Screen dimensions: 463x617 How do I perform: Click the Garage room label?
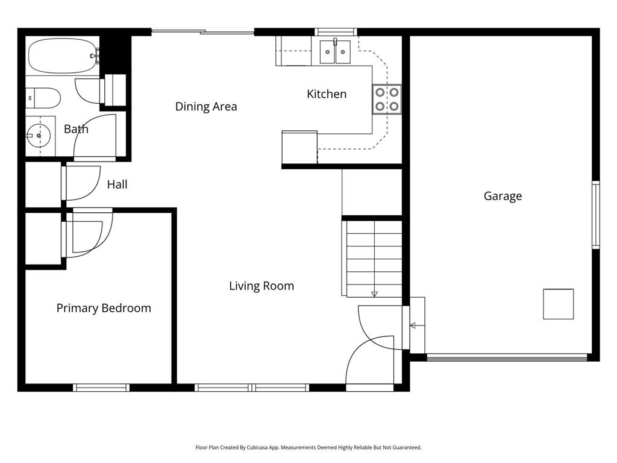point(503,196)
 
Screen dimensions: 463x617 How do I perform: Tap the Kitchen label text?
point(327,94)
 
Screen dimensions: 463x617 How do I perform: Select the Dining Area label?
point(206,107)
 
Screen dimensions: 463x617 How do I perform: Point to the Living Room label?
point(262,286)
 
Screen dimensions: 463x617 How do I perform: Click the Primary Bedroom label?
point(104,308)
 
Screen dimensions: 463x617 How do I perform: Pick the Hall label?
point(117,184)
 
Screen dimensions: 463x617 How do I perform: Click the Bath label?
point(76,129)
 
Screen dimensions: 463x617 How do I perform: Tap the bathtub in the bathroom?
point(62,56)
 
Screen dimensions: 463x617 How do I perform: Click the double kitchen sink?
point(335,52)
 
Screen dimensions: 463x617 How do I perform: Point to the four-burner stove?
point(386,99)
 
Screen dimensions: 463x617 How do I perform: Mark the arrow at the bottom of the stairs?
point(374,294)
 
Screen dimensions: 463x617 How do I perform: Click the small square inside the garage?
point(558,304)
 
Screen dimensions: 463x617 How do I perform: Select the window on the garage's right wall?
point(595,215)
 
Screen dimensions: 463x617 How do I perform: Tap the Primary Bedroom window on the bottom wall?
point(101,388)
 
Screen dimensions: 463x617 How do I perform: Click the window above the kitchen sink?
point(336,32)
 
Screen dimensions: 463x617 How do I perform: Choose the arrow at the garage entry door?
point(413,326)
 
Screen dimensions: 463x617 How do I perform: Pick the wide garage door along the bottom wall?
point(506,357)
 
